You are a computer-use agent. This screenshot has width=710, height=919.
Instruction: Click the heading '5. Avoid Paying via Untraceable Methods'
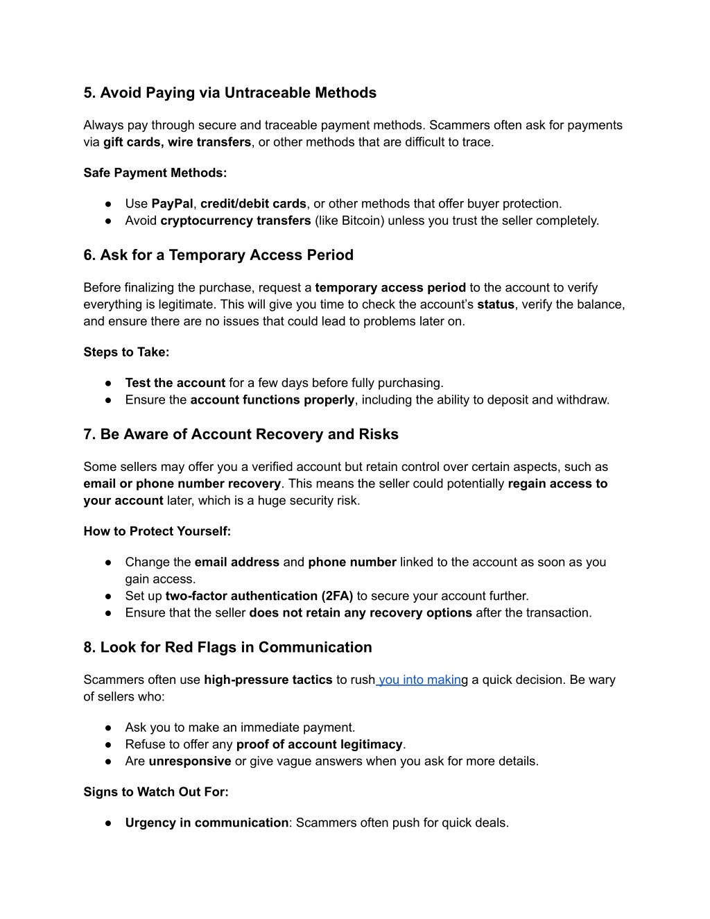click(x=230, y=93)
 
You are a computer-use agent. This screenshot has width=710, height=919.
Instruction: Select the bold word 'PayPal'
click(x=172, y=204)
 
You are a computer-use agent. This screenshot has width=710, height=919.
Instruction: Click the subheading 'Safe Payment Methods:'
click(x=155, y=173)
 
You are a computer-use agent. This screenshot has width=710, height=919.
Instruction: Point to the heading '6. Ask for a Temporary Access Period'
click(x=218, y=255)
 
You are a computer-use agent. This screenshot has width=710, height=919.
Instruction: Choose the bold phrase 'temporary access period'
click(x=390, y=288)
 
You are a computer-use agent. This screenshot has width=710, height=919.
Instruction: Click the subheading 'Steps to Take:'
click(x=126, y=352)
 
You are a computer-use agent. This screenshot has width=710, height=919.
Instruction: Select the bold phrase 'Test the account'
click(x=175, y=383)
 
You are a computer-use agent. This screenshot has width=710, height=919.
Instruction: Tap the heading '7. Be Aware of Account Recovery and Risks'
click(x=241, y=435)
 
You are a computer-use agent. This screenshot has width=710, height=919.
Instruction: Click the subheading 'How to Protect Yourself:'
click(x=157, y=531)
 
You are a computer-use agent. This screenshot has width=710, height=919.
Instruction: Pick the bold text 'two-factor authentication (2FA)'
click(x=259, y=596)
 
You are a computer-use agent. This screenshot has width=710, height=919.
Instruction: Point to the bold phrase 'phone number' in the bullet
click(x=352, y=562)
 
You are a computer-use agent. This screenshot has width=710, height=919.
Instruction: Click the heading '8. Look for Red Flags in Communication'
click(x=227, y=648)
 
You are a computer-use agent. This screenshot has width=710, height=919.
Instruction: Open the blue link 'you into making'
click(x=419, y=680)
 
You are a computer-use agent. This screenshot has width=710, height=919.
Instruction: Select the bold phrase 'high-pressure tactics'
click(x=268, y=680)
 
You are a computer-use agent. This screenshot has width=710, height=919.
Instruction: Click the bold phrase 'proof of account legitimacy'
click(x=319, y=745)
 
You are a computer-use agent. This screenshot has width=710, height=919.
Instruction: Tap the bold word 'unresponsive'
click(x=189, y=762)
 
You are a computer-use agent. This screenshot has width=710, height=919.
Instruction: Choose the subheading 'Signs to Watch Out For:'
click(x=156, y=792)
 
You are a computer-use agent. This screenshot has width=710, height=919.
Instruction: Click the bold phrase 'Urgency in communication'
click(x=207, y=823)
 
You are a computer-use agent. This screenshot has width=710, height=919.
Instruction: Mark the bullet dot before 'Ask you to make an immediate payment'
click(x=109, y=728)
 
